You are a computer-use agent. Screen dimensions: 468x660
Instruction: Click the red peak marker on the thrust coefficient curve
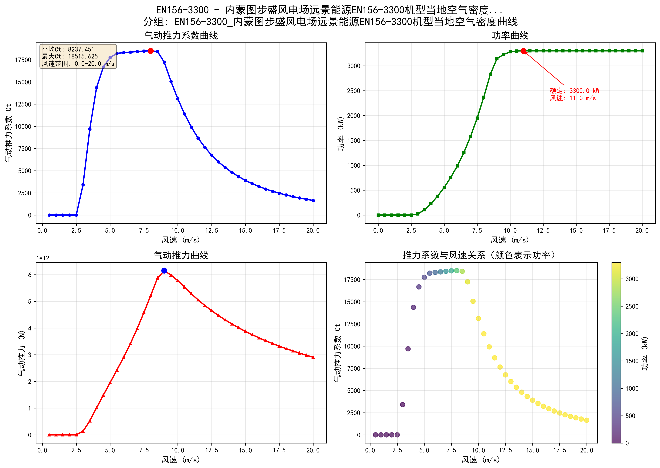point(151,51)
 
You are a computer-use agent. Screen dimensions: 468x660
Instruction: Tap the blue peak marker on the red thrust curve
point(164,270)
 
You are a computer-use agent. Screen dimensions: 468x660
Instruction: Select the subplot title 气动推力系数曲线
point(181,36)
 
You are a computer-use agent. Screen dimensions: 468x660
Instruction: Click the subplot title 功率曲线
point(510,36)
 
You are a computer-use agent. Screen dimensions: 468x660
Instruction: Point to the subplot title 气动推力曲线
point(181,255)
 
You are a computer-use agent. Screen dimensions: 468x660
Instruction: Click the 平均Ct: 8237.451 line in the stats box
point(68,49)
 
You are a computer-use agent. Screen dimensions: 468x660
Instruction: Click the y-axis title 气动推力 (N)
point(22,353)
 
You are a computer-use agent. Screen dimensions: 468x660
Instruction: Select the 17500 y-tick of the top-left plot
point(23,60)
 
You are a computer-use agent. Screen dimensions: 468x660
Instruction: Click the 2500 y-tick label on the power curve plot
point(354,91)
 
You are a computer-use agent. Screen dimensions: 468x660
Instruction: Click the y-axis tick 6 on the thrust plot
point(30,275)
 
